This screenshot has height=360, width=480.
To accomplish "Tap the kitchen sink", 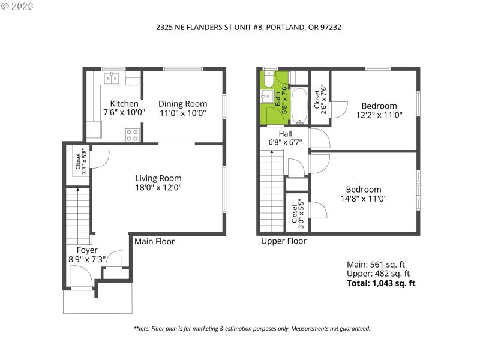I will click(x=112, y=78).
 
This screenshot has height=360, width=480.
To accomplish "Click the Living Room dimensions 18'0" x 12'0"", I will click(x=158, y=187).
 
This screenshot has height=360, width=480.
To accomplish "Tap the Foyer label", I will click(x=87, y=250).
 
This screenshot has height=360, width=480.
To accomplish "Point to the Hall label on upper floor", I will click(x=285, y=133).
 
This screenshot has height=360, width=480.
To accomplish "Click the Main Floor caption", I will click(x=154, y=241).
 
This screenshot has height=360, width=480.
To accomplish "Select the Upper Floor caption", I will click(x=283, y=241).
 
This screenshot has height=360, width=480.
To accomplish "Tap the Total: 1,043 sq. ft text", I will click(x=381, y=283).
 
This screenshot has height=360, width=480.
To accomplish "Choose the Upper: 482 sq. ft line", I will click(x=379, y=274).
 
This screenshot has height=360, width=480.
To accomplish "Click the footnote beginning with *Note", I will click(x=251, y=328).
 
